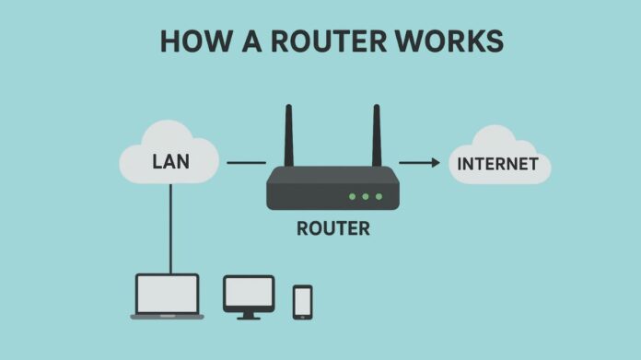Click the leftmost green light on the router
352,196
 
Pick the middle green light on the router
365,196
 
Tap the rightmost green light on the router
378,196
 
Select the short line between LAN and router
246,164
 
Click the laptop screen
167,294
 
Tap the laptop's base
167,317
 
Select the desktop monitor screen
249,292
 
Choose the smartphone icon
302,301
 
